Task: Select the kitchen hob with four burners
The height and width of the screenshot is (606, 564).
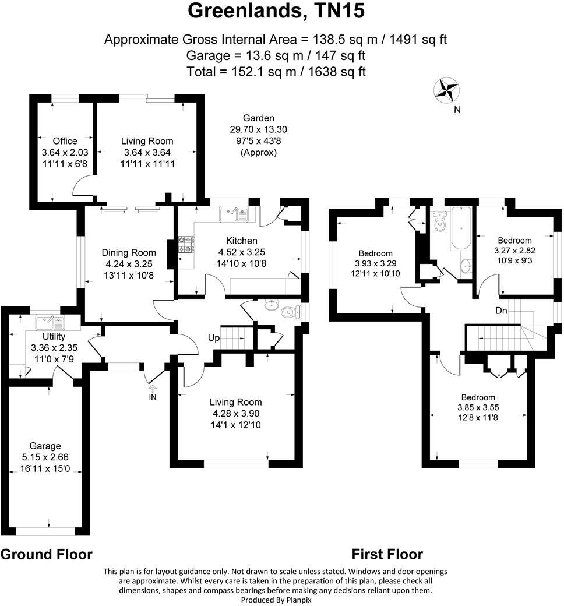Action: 186,244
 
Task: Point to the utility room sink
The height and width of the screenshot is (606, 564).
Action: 50,322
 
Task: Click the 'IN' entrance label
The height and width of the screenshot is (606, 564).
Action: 153,397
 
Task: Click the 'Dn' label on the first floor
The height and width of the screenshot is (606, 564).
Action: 501,311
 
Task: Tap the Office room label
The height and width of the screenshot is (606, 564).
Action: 65,141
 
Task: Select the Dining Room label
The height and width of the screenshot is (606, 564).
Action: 129,252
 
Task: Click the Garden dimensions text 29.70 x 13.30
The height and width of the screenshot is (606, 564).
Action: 259,129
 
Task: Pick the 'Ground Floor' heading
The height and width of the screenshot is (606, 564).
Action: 47,554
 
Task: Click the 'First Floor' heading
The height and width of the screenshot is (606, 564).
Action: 387,554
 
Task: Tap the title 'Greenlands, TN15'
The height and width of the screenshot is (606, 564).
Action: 277,12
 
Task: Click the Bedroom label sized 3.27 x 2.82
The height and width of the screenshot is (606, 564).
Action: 514,240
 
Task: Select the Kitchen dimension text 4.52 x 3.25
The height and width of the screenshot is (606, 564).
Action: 242,252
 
